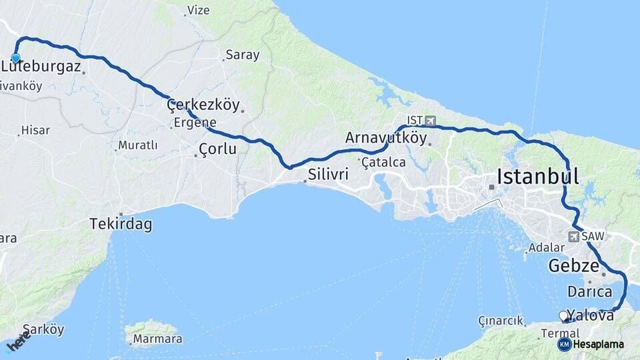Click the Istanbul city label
537,177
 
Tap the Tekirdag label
121,225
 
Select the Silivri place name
329,175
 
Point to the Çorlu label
218,149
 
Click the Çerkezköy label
203,105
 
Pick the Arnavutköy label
386,137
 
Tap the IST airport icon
430,121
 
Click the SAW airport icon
573,237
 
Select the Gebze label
573,266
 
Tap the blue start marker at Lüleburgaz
15,59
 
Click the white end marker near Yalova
563,315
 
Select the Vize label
198,10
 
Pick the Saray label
243,55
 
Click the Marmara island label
157,339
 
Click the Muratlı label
137,145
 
